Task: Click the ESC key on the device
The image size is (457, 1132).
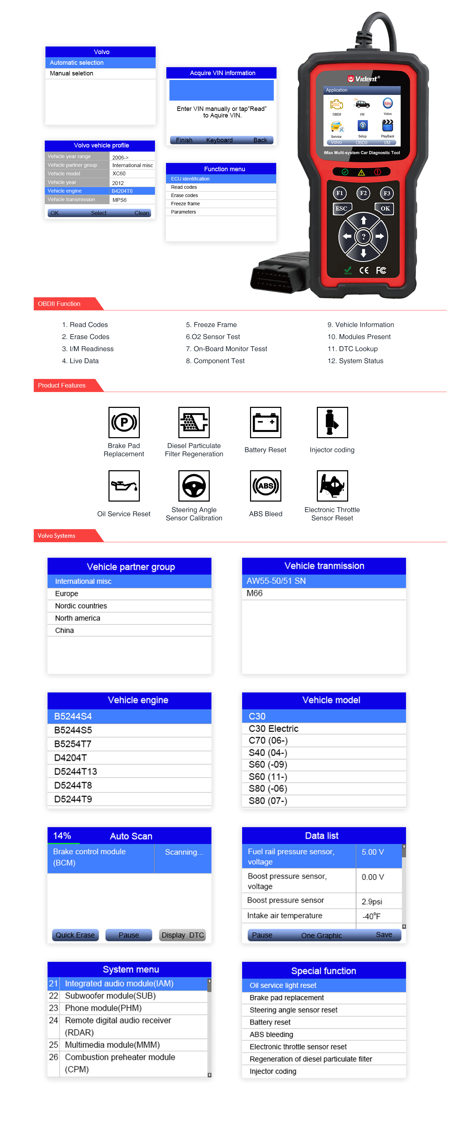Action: tap(341, 209)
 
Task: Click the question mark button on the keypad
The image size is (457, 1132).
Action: tap(363, 236)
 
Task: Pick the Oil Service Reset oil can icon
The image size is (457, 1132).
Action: tap(124, 486)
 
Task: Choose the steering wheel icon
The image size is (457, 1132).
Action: tap(194, 486)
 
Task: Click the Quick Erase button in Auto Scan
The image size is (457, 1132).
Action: tap(75, 935)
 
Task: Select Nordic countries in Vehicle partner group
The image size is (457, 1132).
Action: tap(81, 606)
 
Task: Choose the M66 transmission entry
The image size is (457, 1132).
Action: tap(255, 593)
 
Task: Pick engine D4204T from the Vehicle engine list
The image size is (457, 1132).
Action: tap(70, 758)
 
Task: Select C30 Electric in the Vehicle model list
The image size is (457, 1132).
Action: tap(273, 728)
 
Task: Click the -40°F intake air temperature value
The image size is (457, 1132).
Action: tap(371, 916)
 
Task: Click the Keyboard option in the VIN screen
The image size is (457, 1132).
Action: tap(219, 140)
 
